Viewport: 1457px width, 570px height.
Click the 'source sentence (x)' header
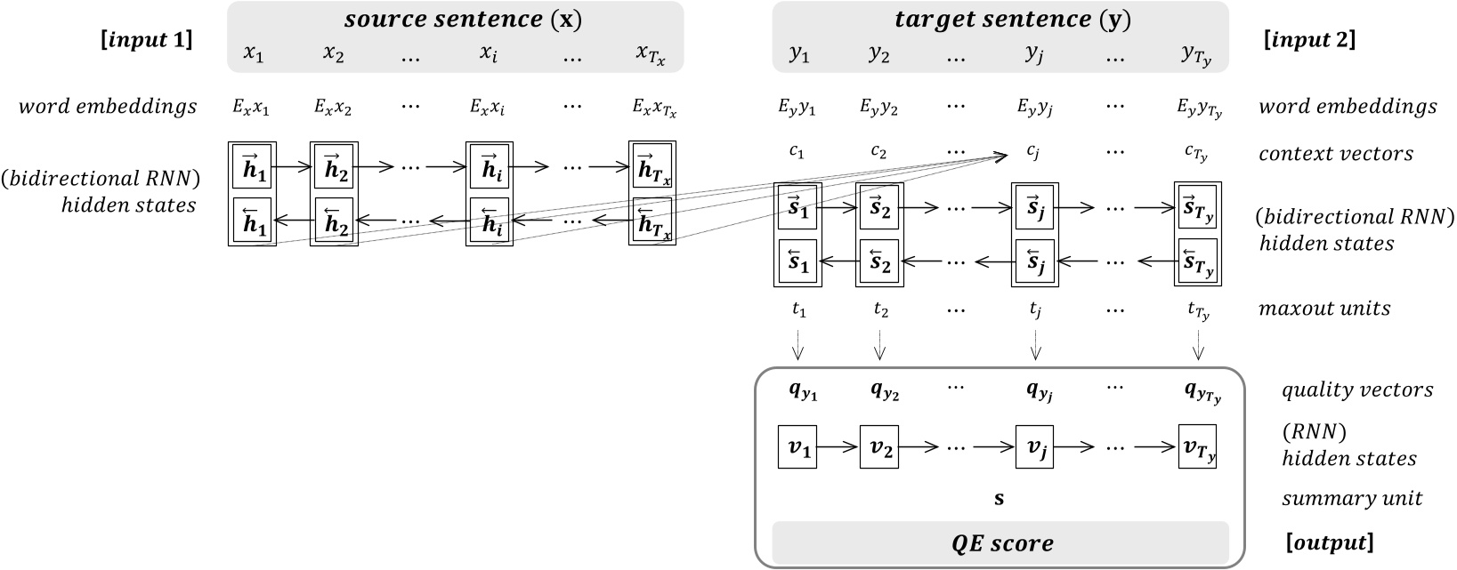click(455, 19)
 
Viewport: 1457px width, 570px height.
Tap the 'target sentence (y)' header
click(999, 19)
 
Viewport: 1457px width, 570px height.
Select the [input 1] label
click(150, 39)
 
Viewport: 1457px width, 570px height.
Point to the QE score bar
click(999, 542)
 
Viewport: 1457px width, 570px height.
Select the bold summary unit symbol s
click(999, 498)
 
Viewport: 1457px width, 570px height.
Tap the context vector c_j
click(1033, 152)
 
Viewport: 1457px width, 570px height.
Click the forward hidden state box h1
click(253, 165)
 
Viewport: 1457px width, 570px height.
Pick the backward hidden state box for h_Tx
click(652, 219)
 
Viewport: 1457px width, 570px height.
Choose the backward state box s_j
click(1035, 261)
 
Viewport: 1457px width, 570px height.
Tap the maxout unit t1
click(797, 309)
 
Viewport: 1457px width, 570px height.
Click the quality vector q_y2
click(879, 391)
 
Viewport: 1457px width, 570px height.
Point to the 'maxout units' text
click(1324, 309)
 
